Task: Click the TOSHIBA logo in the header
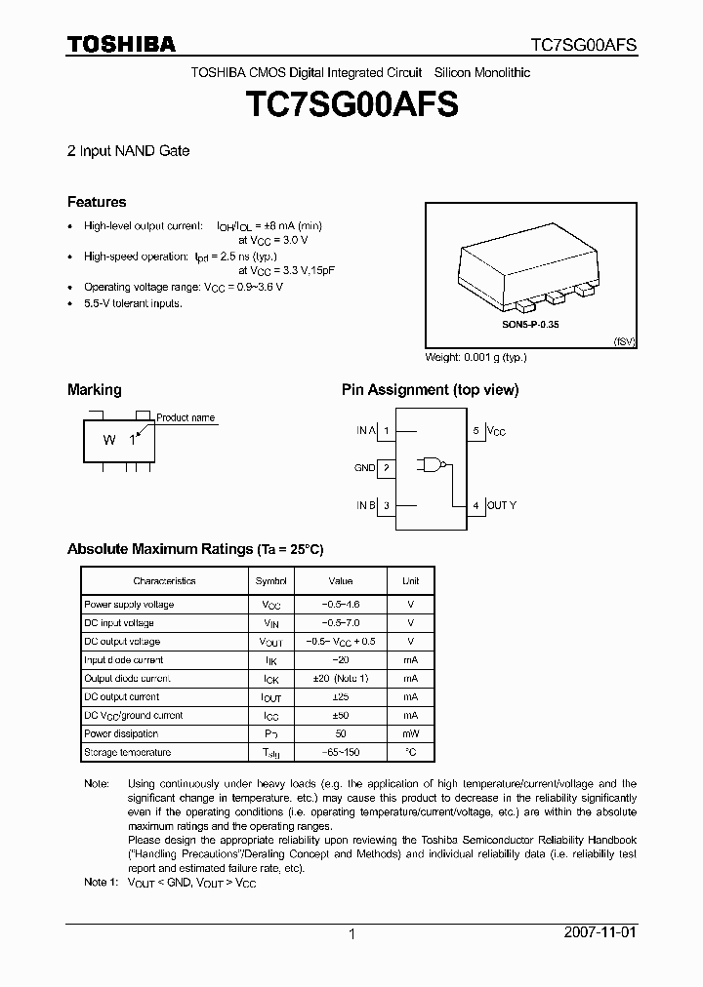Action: [x=121, y=44]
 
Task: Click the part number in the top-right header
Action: [x=583, y=45]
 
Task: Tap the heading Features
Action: [x=97, y=202]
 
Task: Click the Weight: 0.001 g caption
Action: [x=476, y=357]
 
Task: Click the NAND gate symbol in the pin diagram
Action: [x=431, y=467]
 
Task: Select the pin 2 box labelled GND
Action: [x=387, y=468]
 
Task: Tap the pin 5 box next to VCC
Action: [x=476, y=430]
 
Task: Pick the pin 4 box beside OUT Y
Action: [x=476, y=505]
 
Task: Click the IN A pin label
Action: [x=364, y=430]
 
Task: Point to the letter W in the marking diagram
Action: [x=109, y=440]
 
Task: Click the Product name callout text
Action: [x=186, y=417]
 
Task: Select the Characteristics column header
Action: [x=164, y=580]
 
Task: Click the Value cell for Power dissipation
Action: [x=340, y=733]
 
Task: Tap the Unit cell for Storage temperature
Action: [x=410, y=752]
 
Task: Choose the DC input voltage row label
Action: [x=119, y=622]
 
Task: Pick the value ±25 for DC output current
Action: [x=340, y=696]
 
